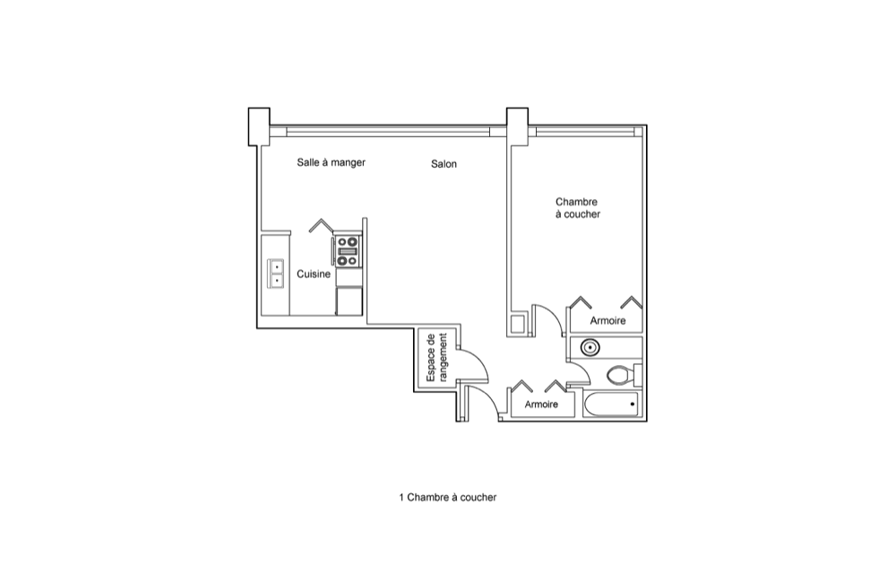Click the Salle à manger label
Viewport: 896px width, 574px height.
pos(331,162)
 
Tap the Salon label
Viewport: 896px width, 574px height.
pos(444,164)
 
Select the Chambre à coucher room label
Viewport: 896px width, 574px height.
pos(578,208)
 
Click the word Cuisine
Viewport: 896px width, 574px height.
pos(313,274)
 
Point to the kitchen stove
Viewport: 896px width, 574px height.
pos(348,251)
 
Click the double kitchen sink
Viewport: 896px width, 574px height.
pos(276,274)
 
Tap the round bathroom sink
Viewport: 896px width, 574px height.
pos(590,347)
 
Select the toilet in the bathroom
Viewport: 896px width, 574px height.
pos(623,376)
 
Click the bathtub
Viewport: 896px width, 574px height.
pos(611,404)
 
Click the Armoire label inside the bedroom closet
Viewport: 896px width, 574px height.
pos(607,321)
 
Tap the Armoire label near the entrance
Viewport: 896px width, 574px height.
pos(541,404)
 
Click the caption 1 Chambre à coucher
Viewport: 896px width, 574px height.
pos(447,498)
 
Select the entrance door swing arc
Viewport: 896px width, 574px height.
pos(490,396)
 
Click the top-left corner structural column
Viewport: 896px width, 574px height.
pos(259,126)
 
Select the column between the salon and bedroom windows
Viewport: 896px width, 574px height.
pos(517,126)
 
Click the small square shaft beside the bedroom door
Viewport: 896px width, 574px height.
pos(519,325)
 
